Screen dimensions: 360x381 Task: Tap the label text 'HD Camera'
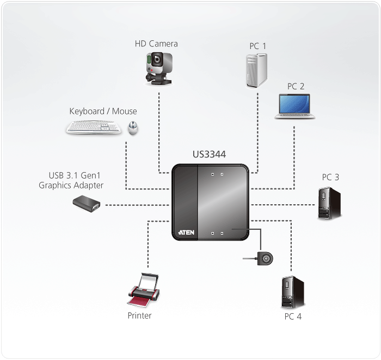(156, 44)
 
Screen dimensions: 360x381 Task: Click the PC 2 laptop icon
(294, 106)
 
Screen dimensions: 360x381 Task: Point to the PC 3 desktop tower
(329, 203)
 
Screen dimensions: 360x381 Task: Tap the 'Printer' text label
(139, 315)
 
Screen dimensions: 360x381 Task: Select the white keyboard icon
(94, 127)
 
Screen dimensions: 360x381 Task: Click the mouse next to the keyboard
(132, 128)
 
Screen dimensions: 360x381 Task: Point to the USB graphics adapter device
(87, 204)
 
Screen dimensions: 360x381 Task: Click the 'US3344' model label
(209, 155)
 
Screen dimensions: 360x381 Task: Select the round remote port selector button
(266, 259)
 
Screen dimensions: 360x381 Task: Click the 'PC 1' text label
(258, 46)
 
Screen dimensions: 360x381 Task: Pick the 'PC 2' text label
(296, 86)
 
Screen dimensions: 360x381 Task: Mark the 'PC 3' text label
(330, 177)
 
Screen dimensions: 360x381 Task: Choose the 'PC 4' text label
(292, 316)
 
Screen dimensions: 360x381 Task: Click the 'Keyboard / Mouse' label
(103, 111)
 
